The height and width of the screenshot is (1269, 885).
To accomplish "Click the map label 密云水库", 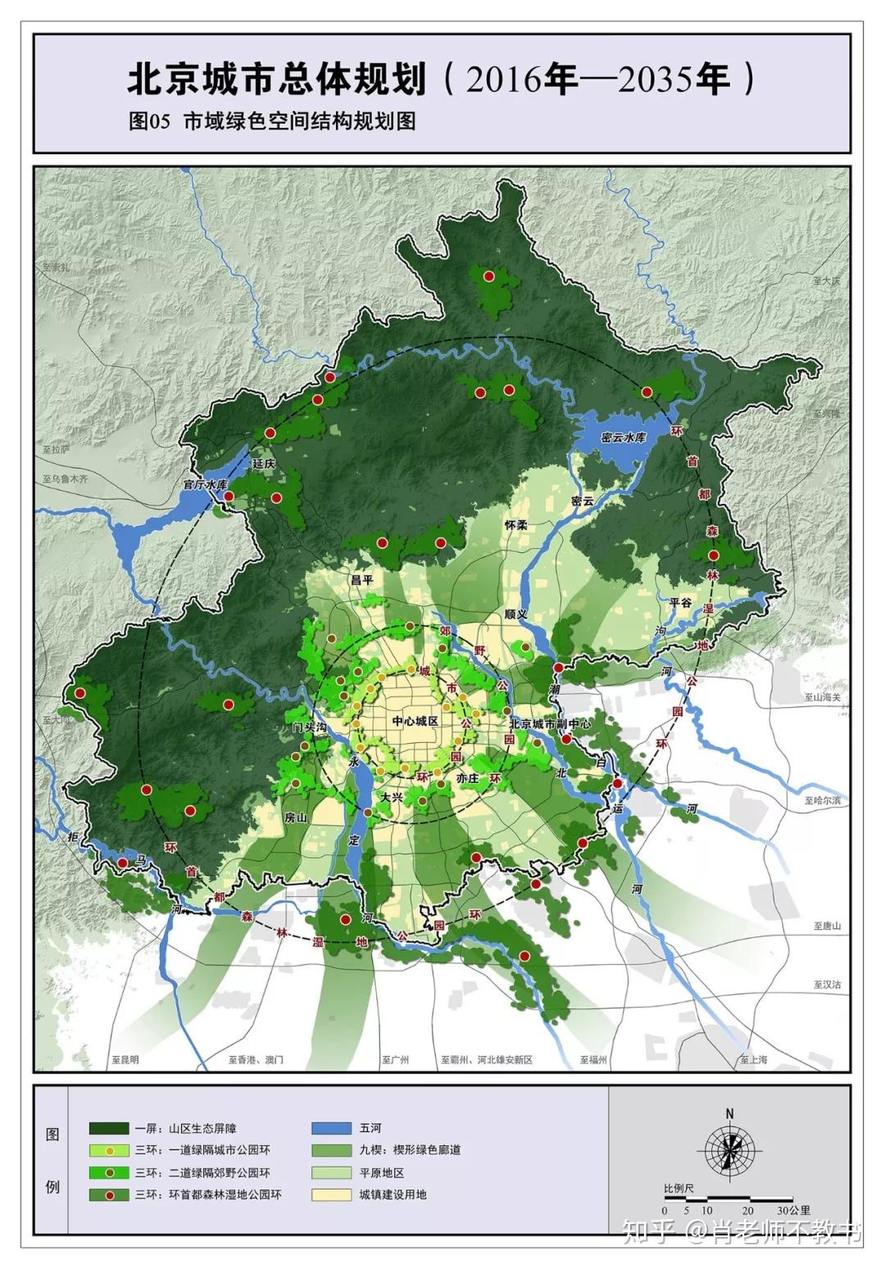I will click(623, 437).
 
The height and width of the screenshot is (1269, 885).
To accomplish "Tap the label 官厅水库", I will click(204, 485).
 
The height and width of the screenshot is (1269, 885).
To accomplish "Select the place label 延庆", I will click(264, 464).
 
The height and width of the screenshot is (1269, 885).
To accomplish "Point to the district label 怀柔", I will click(515, 524).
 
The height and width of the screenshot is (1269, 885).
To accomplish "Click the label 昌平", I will click(361, 579).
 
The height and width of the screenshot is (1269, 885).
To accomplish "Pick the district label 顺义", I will click(515, 613).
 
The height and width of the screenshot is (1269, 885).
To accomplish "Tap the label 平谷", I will click(680, 602).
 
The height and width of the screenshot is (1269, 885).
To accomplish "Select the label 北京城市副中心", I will click(549, 724).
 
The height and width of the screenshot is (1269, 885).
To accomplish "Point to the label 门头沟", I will click(310, 727).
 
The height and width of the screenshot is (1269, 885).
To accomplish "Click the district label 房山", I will click(295, 817).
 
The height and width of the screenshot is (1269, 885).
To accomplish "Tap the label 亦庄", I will click(467, 777).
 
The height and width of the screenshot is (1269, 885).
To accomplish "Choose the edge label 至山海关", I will click(822, 697).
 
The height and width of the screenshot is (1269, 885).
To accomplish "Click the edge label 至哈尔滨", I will click(822, 800).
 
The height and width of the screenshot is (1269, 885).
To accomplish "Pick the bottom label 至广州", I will click(395, 1059).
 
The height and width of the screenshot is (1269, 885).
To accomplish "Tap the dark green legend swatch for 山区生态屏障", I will click(109, 1128).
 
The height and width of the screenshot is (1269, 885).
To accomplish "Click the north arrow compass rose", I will click(729, 1150).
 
